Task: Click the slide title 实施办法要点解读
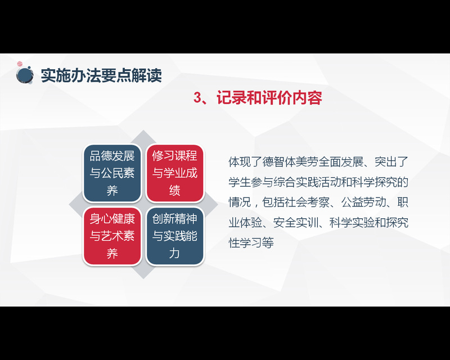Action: click(101, 75)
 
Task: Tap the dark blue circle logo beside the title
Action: click(25, 75)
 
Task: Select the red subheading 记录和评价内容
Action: click(269, 98)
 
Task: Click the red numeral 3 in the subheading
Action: click(198, 98)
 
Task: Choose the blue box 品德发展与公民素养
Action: click(112, 173)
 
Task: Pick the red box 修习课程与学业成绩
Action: click(175, 173)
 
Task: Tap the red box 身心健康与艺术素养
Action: click(112, 236)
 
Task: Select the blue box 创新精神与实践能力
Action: click(175, 236)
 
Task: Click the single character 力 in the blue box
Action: click(174, 253)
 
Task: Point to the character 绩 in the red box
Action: click(174, 190)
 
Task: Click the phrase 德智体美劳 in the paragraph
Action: click(290, 162)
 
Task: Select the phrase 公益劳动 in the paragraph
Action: click(363, 202)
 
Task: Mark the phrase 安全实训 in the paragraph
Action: click(296, 223)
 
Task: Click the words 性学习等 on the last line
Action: click(251, 242)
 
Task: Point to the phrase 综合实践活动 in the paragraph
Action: click(307, 182)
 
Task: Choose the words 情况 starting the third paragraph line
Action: click(240, 202)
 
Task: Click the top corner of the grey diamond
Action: click(143, 130)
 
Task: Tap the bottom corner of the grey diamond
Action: click(143, 278)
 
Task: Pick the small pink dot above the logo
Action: click(20, 64)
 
